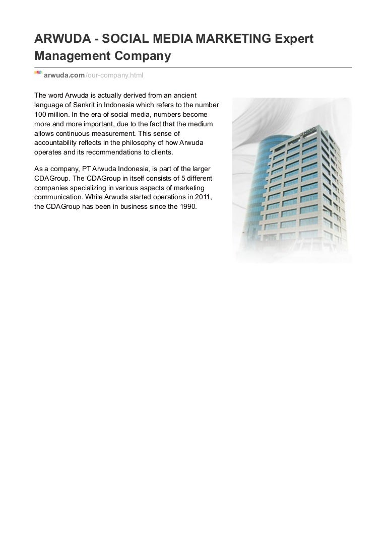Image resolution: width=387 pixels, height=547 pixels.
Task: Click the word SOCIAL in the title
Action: (116, 39)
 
